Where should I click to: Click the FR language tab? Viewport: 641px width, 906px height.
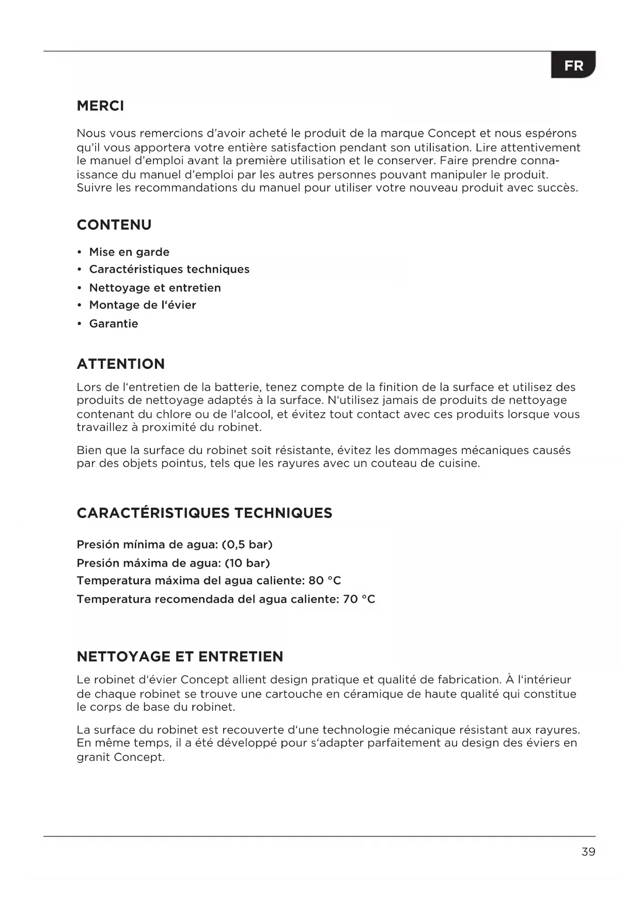(x=573, y=66)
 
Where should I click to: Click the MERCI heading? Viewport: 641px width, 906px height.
(x=100, y=106)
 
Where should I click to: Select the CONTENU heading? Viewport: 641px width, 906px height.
(x=114, y=225)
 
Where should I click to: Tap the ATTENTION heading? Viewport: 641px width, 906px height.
(x=120, y=364)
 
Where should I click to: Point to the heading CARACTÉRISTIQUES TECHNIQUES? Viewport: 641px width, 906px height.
(x=205, y=513)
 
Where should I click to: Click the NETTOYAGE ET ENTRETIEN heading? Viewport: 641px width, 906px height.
(x=180, y=657)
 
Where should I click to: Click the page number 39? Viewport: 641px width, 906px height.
(x=588, y=852)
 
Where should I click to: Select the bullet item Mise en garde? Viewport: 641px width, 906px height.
(x=129, y=252)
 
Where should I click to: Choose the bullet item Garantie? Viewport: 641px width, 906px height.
(x=114, y=323)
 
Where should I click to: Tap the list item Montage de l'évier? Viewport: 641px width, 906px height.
(x=143, y=305)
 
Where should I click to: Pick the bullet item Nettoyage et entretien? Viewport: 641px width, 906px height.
(x=155, y=288)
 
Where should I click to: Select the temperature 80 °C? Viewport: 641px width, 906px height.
(x=324, y=581)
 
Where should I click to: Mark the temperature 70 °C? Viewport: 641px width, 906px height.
(x=359, y=599)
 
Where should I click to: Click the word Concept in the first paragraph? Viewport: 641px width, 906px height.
(x=452, y=133)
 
